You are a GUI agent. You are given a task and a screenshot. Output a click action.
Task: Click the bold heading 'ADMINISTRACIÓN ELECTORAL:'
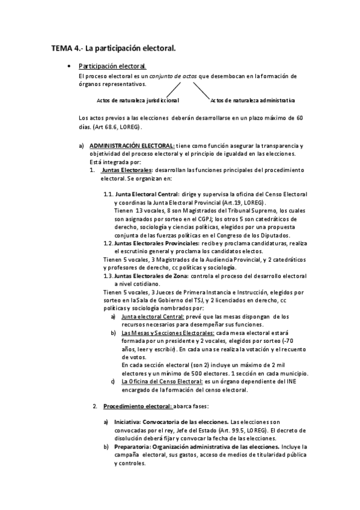click(132, 146)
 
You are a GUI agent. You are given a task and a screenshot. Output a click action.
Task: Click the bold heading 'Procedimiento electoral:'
click(138, 406)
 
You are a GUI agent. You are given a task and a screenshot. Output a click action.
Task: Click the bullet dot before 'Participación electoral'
click(71, 66)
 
